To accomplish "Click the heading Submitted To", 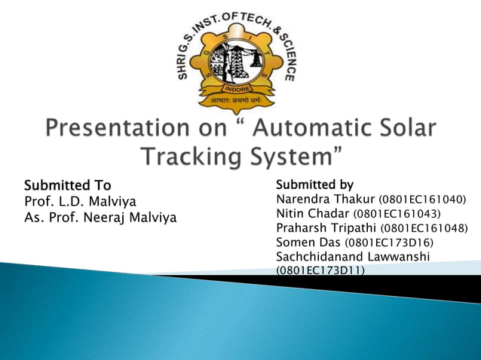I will click(x=68, y=185).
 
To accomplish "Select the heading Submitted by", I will click(x=314, y=185).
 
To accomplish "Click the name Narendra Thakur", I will click(x=326, y=200).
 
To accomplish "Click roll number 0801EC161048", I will click(x=424, y=229).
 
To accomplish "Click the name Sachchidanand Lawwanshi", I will click(x=353, y=257).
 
